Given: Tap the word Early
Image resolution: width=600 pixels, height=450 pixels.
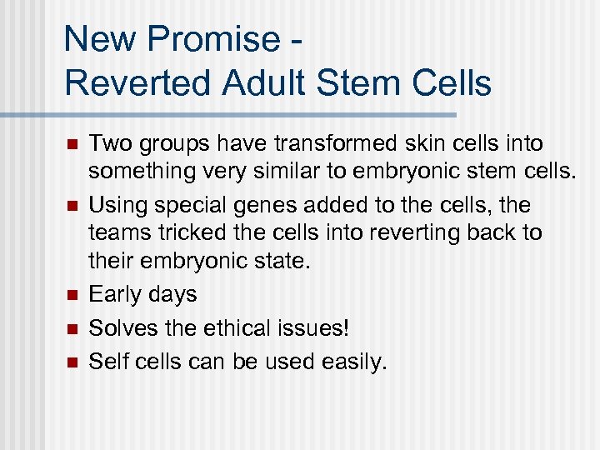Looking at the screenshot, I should click(x=114, y=294).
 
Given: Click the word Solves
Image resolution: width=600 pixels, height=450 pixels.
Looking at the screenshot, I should click(x=122, y=327).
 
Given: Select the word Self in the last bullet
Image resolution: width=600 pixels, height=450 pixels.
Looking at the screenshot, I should click(x=107, y=361).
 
